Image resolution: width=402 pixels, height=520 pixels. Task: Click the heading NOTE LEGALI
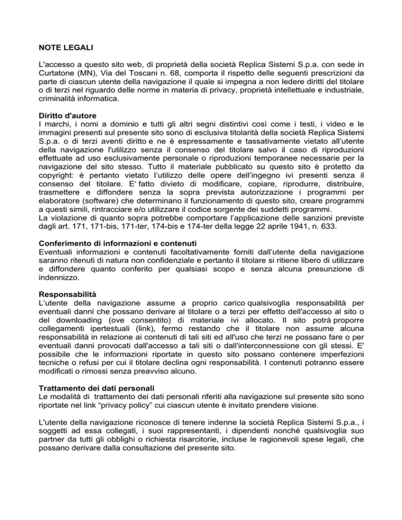[x=66, y=48]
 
